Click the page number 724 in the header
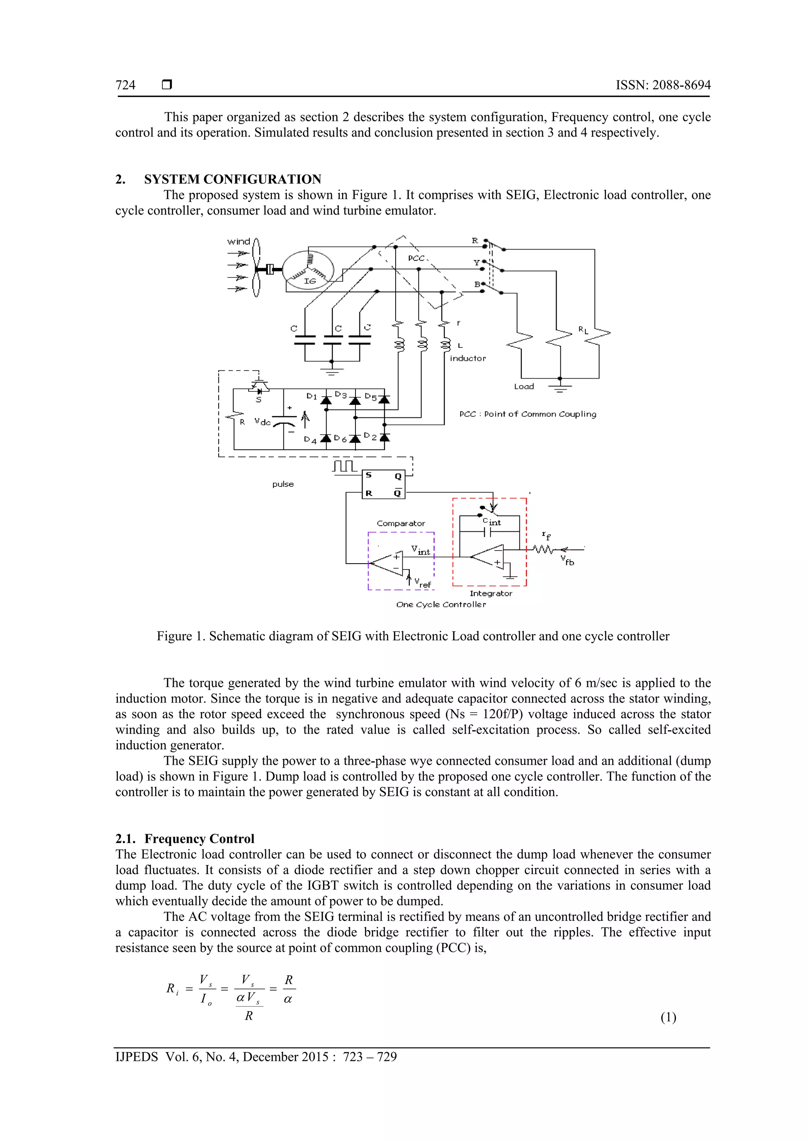tap(125, 85)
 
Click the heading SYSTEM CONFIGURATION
tap(233, 179)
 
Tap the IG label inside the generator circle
tap(310, 281)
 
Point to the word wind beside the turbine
tap(239, 242)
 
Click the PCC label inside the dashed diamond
tap(416, 258)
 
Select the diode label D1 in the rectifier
tap(312, 396)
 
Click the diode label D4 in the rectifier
tap(310, 440)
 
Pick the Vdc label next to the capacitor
tap(262, 422)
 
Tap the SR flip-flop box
tap(383, 484)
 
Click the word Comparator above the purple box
tap(401, 523)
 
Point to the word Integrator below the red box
tap(491, 594)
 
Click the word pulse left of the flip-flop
tap(283, 484)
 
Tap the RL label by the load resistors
tap(583, 330)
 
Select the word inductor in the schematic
tap(468, 358)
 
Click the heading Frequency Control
tap(199, 839)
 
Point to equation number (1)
tap(668, 1017)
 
